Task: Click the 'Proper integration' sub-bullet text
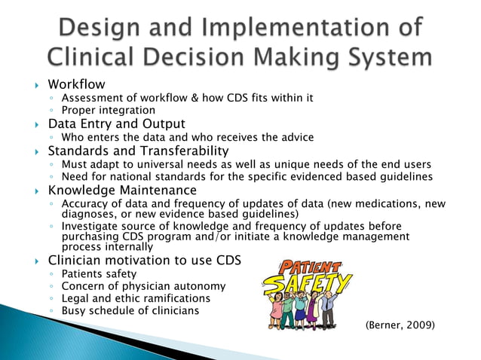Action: coord(108,111)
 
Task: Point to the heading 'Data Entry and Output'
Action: coord(117,124)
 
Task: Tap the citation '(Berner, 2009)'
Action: coord(400,325)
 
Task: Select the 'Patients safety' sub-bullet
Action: coord(100,273)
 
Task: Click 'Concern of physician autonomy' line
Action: coord(142,286)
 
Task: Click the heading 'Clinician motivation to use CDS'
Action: coord(144,261)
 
